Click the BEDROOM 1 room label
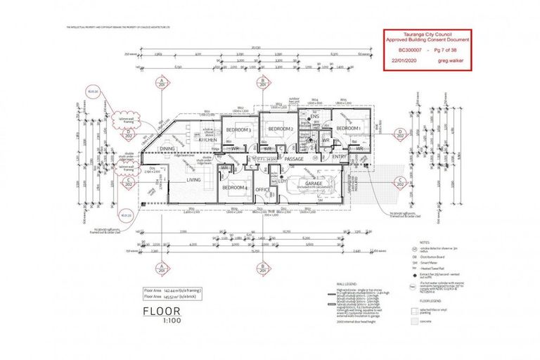[347, 129]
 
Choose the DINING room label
[167, 149]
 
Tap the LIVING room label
[193, 180]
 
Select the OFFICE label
[263, 189]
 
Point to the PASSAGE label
[294, 159]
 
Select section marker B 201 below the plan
[262, 269]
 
